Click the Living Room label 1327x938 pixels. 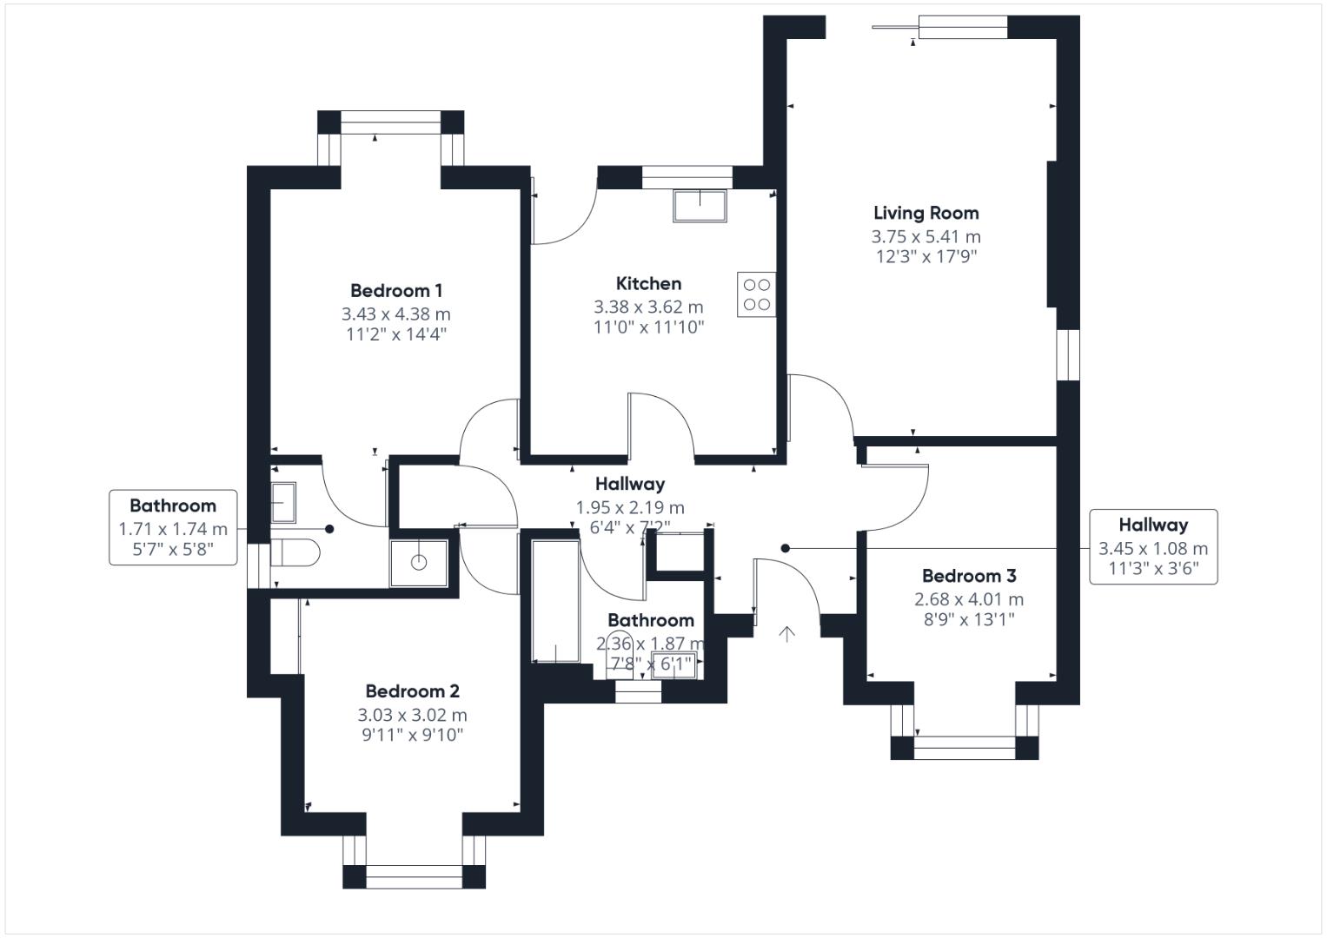[x=926, y=213]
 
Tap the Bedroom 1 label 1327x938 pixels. [x=395, y=291]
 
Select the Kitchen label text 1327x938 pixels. [x=648, y=284]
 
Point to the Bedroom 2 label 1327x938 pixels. [x=412, y=691]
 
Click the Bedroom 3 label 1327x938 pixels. [x=969, y=576]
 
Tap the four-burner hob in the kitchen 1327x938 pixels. [x=757, y=294]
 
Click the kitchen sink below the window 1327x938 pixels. [x=700, y=206]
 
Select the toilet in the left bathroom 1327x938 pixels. [x=295, y=552]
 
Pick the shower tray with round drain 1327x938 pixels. [x=419, y=563]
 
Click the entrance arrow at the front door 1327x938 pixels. [x=786, y=634]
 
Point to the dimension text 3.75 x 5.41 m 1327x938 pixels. [x=926, y=237]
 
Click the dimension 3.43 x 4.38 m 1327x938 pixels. [x=395, y=314]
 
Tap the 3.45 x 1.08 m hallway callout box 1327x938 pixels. [x=1153, y=547]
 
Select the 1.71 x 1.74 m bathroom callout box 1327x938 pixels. [x=173, y=528]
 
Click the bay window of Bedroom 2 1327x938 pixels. [x=414, y=862]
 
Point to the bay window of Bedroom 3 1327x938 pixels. [x=965, y=732]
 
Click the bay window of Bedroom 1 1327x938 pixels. [x=391, y=137]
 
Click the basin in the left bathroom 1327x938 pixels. [x=283, y=503]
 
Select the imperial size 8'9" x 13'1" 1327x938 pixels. [x=969, y=619]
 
